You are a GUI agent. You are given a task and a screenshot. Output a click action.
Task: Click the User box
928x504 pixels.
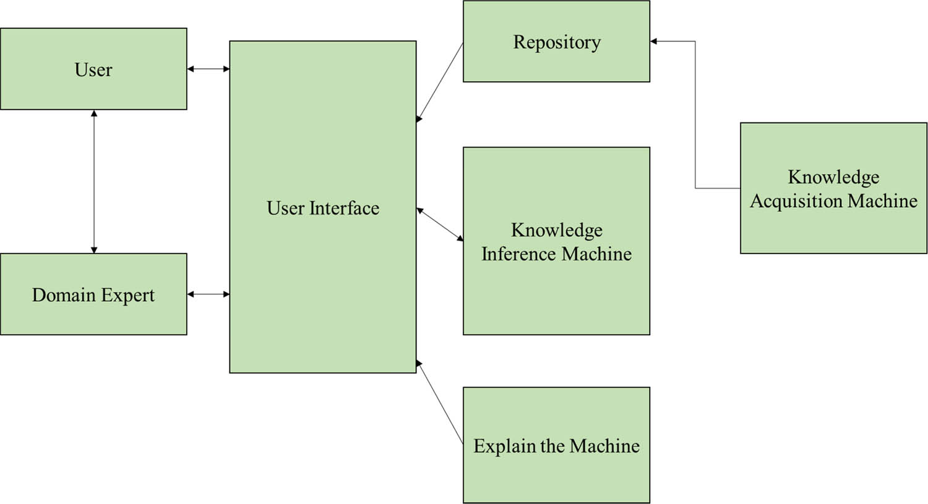click(x=93, y=69)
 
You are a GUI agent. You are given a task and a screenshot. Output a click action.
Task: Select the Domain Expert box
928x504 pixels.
click(x=93, y=294)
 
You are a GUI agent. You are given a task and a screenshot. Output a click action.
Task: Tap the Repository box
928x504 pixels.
click(x=556, y=41)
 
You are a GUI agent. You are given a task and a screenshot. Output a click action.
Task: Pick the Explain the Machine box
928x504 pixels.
click(x=556, y=445)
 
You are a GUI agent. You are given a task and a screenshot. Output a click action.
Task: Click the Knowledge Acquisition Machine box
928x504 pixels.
click(x=833, y=188)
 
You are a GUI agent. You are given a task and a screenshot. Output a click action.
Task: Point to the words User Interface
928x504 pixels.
click(x=323, y=208)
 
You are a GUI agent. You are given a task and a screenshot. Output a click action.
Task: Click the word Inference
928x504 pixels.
click(x=519, y=254)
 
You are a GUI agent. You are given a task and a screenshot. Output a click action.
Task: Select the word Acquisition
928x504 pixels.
click(x=796, y=201)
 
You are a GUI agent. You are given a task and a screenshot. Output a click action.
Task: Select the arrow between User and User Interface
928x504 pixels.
click(x=208, y=69)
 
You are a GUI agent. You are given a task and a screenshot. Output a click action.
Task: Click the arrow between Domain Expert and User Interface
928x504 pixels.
click(x=208, y=294)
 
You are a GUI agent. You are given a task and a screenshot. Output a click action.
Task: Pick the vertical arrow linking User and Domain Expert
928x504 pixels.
click(x=94, y=182)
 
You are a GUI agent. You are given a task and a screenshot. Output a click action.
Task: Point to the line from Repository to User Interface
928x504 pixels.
click(x=440, y=82)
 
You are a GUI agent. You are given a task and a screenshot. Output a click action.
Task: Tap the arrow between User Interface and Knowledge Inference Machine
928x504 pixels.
click(x=440, y=224)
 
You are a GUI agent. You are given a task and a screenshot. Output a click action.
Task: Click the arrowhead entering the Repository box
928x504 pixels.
click(x=654, y=41)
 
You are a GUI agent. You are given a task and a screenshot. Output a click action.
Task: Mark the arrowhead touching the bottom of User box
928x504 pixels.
click(x=94, y=114)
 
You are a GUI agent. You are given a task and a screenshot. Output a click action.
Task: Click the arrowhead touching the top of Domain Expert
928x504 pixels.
click(x=94, y=250)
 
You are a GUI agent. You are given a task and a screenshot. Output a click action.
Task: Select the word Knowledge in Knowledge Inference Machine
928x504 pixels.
click(x=556, y=230)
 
